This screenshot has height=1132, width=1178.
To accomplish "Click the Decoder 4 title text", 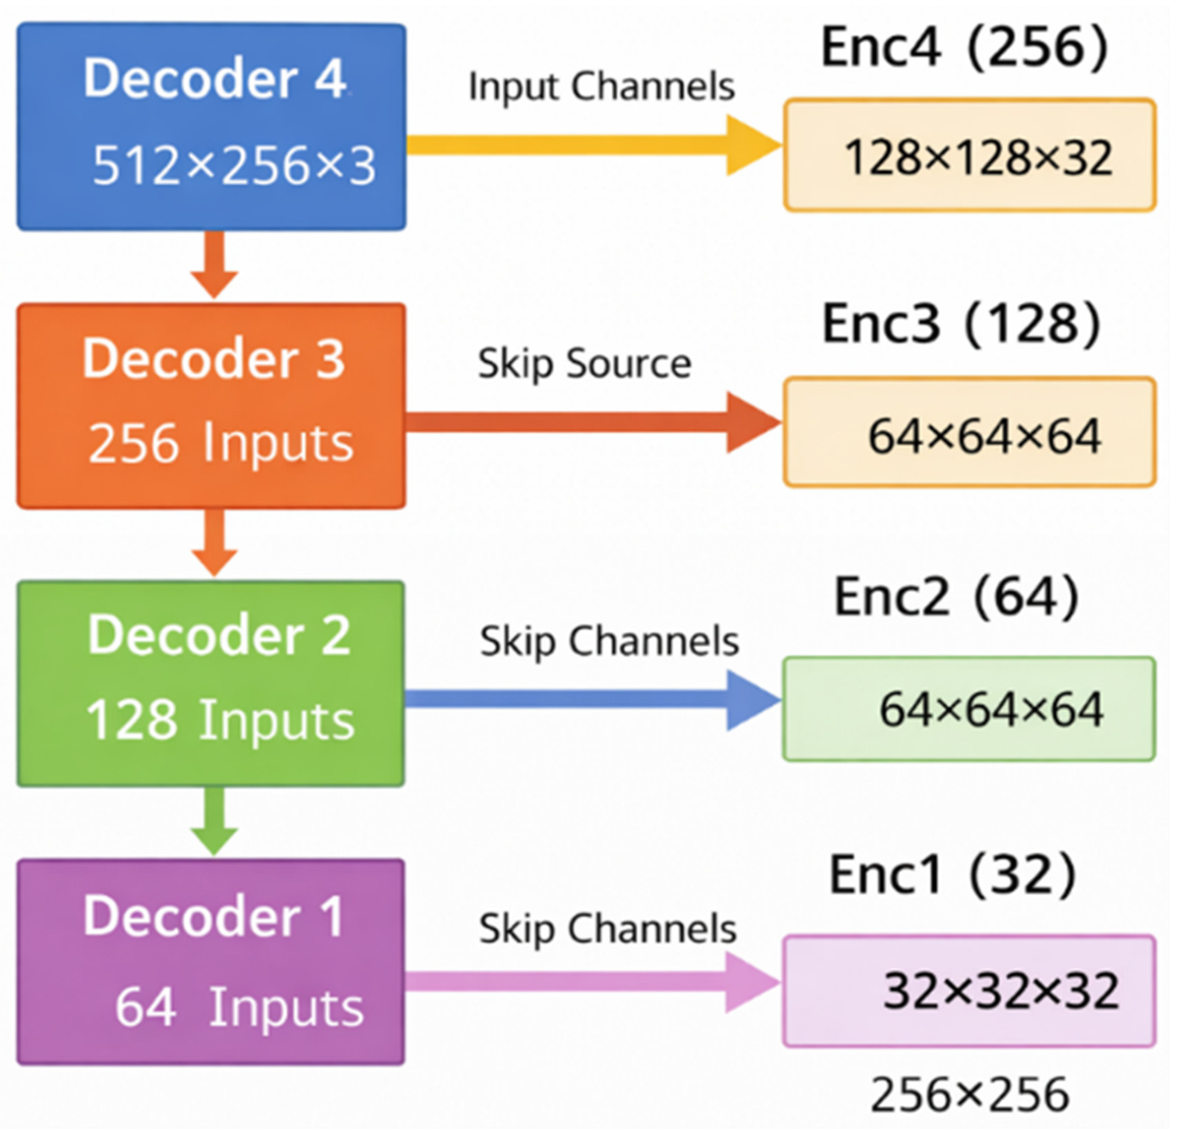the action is [215, 78].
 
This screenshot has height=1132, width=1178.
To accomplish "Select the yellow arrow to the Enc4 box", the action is [594, 145].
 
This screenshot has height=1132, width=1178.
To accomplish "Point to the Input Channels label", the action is [602, 87].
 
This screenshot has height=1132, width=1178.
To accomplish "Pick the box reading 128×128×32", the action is [969, 155].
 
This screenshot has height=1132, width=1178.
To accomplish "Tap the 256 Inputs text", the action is [221, 443].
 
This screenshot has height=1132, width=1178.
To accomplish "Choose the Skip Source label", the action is [584, 365].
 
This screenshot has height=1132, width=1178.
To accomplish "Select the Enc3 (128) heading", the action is [961, 324].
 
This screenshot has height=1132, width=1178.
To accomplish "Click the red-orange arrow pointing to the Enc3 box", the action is [594, 422].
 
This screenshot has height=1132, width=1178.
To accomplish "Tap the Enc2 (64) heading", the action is [957, 597].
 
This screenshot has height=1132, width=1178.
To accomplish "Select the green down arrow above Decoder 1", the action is [215, 821].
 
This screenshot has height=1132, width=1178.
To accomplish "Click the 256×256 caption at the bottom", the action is [970, 1094].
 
